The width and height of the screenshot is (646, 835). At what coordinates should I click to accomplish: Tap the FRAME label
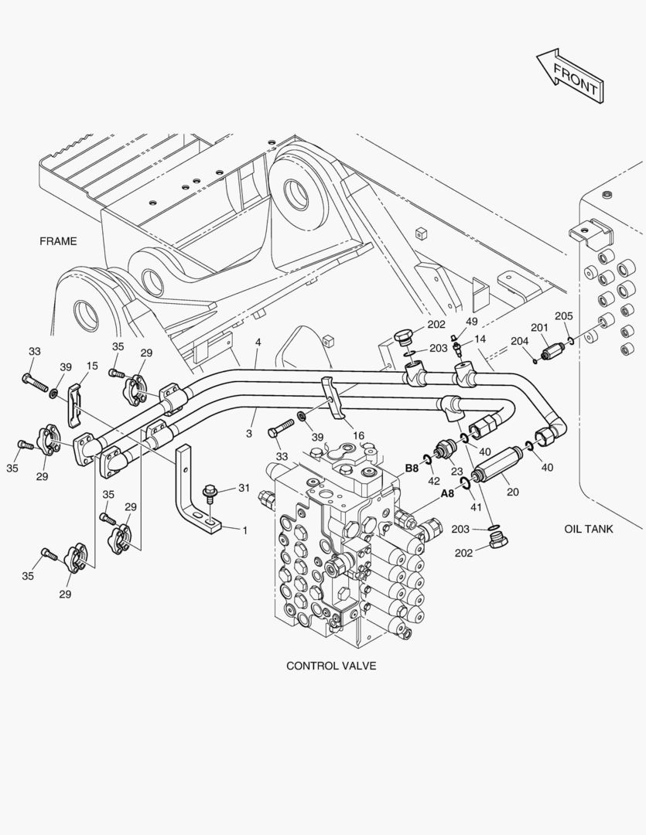(x=58, y=241)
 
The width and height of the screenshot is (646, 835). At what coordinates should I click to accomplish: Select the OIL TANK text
(x=589, y=530)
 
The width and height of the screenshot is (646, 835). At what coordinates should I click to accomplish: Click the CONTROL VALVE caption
(x=331, y=666)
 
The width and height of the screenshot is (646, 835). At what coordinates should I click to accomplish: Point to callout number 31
(x=244, y=487)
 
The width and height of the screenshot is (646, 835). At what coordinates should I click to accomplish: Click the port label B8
(x=412, y=468)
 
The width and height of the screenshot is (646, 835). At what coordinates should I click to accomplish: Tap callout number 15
(x=92, y=366)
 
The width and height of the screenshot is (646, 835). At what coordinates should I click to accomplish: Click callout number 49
(x=471, y=322)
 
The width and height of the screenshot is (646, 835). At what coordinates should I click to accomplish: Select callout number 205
(x=563, y=316)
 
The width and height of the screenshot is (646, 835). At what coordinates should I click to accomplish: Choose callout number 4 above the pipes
(x=258, y=342)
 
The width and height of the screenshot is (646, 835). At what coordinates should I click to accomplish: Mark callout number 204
(x=519, y=341)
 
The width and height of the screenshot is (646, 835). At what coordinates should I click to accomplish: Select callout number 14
(x=480, y=339)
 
